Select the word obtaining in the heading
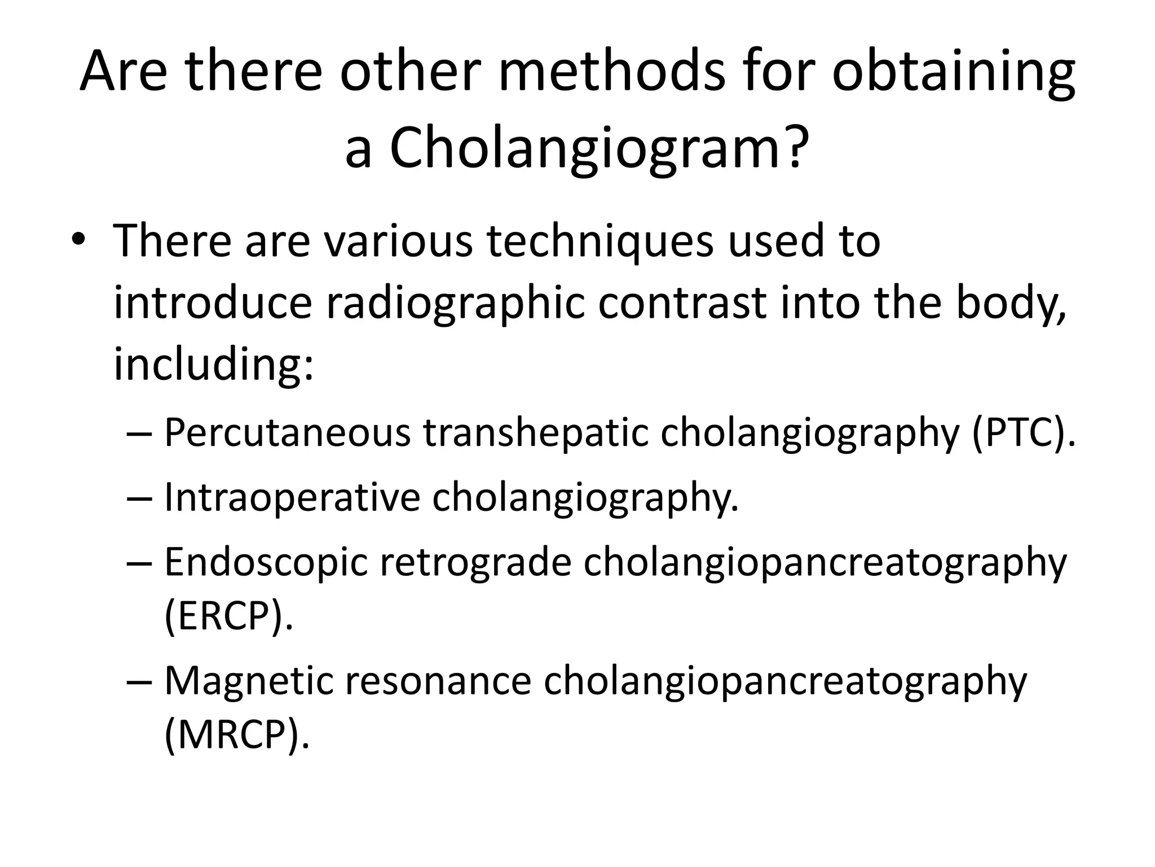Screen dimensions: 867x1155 pos(954,72)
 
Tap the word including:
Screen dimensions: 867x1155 pos(213,364)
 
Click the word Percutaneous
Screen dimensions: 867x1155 pos(287,434)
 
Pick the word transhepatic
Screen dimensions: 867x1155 pos(536,433)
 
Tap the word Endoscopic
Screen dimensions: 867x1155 pos(266,564)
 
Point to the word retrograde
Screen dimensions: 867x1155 pos(476,564)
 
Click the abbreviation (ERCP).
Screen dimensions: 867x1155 pos(228,616)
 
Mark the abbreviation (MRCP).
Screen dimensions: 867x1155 pos(237,734)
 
